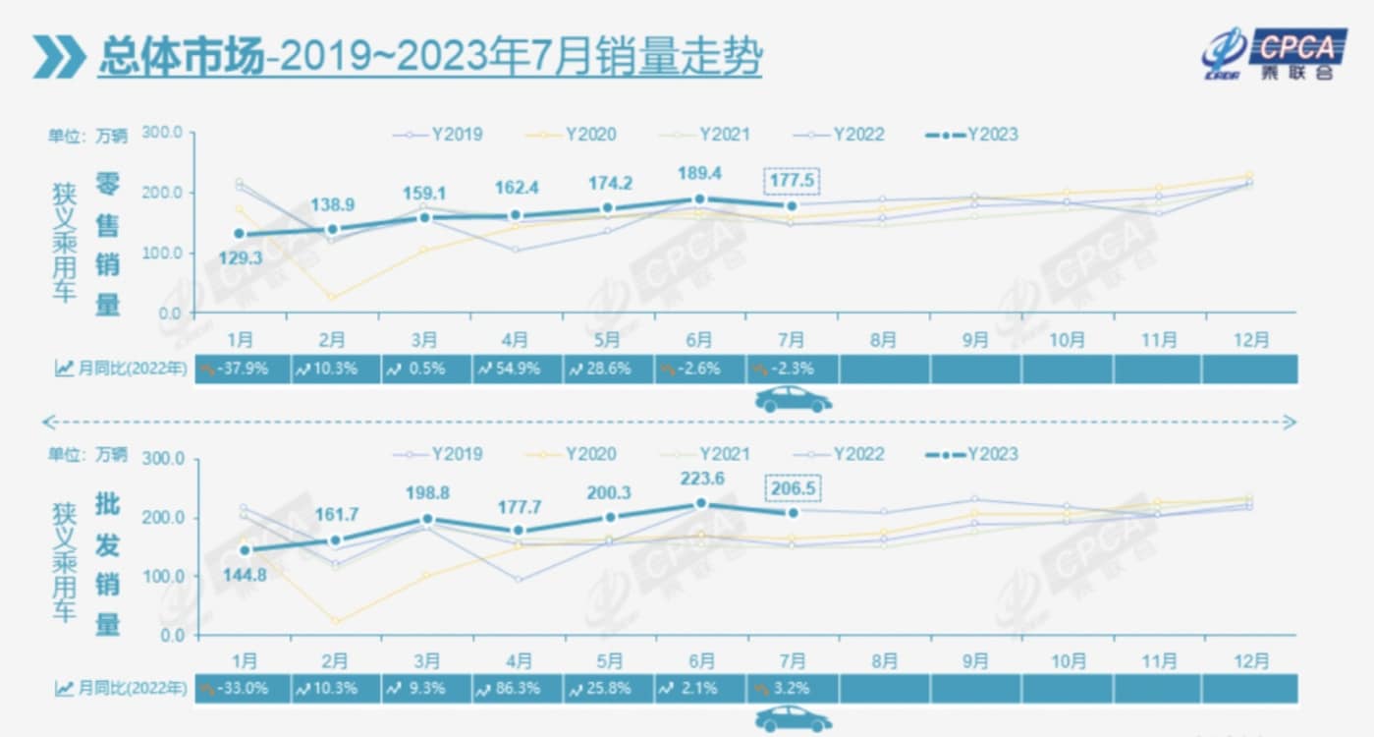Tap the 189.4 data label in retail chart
pos(699,173)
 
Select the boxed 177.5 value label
pos(791,182)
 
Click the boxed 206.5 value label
pos(791,488)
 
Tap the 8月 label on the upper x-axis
pos(883,340)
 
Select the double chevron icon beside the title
pos(58,57)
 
